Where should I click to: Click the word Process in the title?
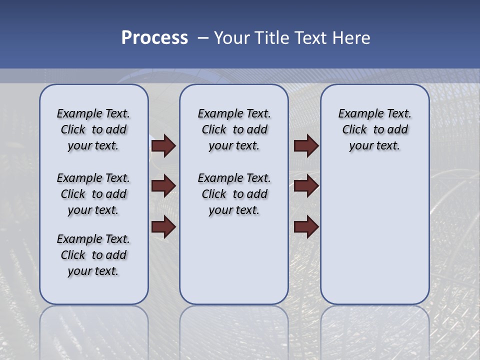coord(154,38)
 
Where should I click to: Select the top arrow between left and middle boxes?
coord(163,145)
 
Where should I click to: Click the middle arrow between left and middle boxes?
coord(163,186)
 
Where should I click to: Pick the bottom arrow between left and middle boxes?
coord(163,227)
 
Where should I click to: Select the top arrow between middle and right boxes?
coord(306,145)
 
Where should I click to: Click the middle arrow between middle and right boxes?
coord(306,186)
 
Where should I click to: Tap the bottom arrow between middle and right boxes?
coord(306,227)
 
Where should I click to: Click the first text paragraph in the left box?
coord(93,129)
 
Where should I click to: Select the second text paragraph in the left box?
coord(93,194)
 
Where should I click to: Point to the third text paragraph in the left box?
coord(93,255)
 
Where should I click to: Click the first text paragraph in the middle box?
coord(234,129)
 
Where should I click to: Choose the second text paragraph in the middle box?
coord(234,194)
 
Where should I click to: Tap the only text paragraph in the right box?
coord(374,129)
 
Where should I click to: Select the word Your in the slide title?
coord(232,38)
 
